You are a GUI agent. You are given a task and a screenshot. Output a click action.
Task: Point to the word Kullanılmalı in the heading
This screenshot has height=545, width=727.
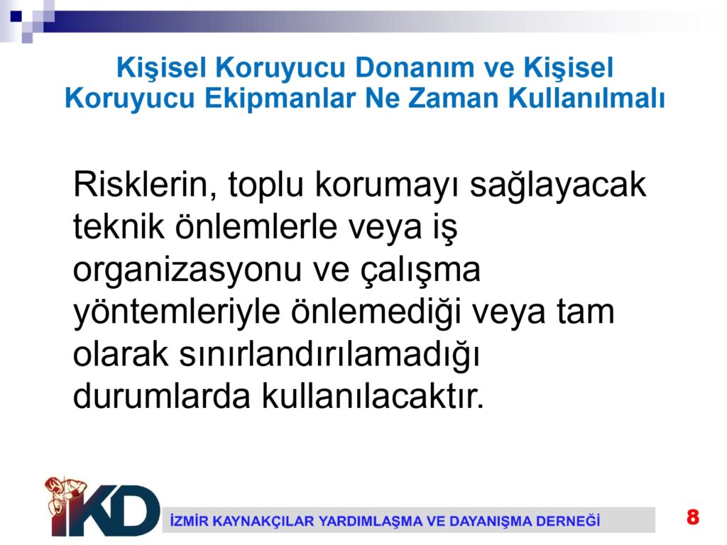[x=586, y=98]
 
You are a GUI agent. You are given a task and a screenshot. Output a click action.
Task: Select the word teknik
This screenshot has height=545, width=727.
[x=119, y=227]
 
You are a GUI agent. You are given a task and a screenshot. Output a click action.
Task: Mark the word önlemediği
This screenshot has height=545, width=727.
[x=376, y=312]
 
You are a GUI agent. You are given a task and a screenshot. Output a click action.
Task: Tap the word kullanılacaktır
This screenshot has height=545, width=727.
[x=373, y=396]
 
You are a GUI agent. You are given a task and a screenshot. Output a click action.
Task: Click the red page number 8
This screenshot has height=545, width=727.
[x=693, y=517]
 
